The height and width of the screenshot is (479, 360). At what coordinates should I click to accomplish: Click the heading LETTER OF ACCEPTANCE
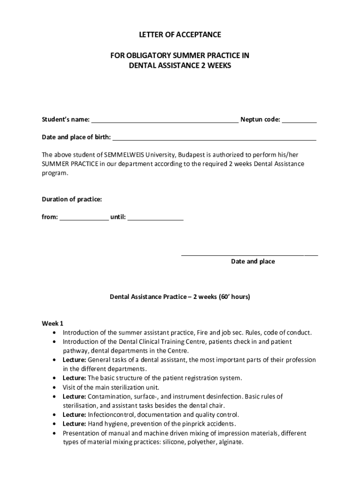[180, 35]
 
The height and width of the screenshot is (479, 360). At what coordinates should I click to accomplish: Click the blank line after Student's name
[165, 120]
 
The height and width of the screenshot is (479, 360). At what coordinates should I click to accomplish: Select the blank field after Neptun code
[299, 120]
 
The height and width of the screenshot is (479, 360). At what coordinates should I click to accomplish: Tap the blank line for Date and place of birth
[214, 138]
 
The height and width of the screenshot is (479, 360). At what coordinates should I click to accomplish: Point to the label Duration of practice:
[72, 199]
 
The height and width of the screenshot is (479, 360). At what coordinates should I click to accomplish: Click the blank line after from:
[84, 218]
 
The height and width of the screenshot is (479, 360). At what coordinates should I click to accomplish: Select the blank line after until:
[155, 218]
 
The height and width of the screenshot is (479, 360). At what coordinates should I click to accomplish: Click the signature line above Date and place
[249, 255]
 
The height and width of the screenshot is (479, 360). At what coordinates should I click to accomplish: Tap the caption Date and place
[253, 261]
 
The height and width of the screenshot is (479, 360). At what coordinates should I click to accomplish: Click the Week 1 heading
[52, 323]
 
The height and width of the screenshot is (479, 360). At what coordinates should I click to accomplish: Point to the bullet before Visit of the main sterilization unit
[56, 387]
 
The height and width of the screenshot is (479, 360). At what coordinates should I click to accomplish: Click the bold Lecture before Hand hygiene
[74, 424]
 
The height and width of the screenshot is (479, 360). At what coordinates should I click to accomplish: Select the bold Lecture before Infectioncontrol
[74, 414]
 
